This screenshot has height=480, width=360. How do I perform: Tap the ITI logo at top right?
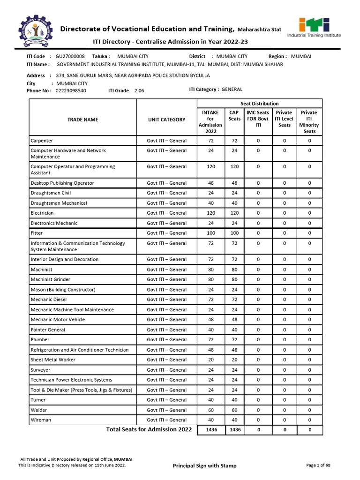(x=314, y=28)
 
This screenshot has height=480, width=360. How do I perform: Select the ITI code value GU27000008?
(x=70, y=56)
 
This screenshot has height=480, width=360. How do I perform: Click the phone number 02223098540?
(x=71, y=90)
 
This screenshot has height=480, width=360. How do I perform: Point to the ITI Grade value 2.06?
(x=139, y=90)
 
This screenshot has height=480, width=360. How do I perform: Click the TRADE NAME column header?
(x=82, y=120)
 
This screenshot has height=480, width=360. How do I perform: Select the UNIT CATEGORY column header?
(x=166, y=120)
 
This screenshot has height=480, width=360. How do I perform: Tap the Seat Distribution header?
(x=259, y=103)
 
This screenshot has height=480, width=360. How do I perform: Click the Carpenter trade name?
(x=42, y=141)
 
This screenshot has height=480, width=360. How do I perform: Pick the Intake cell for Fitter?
(x=210, y=233)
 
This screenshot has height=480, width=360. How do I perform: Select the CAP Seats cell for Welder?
(x=234, y=410)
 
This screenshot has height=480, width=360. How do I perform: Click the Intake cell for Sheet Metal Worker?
(x=210, y=360)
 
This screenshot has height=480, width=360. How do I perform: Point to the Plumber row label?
(x=40, y=340)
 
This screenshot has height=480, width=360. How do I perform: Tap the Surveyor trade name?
(x=41, y=370)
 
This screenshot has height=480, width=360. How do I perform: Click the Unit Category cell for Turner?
(x=166, y=400)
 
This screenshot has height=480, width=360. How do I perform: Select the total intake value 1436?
(x=211, y=430)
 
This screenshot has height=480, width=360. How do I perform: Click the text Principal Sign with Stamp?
(x=205, y=465)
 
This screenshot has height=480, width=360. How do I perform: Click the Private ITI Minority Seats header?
(x=309, y=122)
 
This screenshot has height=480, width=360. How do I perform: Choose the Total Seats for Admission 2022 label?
(x=149, y=429)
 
